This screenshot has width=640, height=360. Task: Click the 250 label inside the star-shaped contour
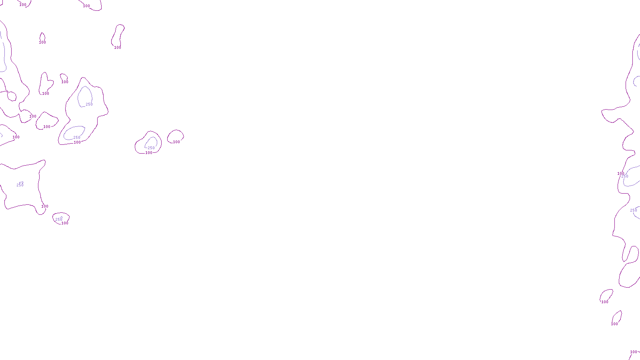(x=20, y=185)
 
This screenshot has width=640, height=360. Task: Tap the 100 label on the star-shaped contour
(x=45, y=206)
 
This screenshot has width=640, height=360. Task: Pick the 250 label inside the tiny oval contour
(x=59, y=219)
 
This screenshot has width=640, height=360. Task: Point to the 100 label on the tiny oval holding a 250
(x=65, y=223)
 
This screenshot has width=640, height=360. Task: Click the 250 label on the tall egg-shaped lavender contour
(x=89, y=104)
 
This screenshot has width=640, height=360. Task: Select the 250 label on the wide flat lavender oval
(x=77, y=138)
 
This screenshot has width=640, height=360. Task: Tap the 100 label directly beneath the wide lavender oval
(x=77, y=142)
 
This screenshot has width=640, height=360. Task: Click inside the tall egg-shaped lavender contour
(x=84, y=96)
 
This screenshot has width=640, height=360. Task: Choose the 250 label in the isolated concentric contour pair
(x=151, y=148)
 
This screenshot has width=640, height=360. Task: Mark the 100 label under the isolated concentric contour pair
(x=149, y=153)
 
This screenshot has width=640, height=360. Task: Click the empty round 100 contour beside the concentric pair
(x=175, y=136)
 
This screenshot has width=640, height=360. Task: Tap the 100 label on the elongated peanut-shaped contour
(x=118, y=48)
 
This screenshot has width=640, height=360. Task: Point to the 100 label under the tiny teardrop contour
(x=42, y=42)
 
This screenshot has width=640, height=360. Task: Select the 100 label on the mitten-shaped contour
(x=46, y=94)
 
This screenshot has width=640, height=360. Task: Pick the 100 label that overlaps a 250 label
(x=620, y=174)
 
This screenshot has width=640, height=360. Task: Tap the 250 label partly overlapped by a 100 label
(x=625, y=176)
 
